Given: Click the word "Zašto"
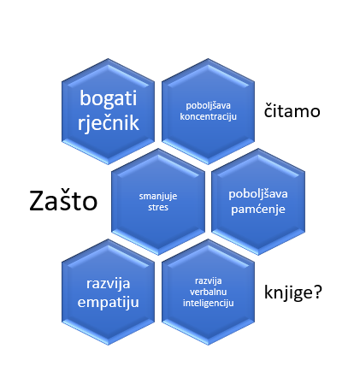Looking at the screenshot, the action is [x=63, y=201].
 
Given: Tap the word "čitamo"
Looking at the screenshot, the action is [x=292, y=110].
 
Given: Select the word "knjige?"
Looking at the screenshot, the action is [x=293, y=292].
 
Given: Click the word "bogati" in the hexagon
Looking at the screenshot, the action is [x=109, y=99].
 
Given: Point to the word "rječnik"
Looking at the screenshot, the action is [x=109, y=123].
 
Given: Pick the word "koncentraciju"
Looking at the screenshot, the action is [x=208, y=116].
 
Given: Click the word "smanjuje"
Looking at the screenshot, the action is [x=158, y=197].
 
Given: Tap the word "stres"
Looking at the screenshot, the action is [x=158, y=207].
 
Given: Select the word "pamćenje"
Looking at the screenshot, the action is [x=258, y=210].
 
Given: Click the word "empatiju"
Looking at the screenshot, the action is [x=109, y=303].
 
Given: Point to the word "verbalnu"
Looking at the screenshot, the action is [x=209, y=292].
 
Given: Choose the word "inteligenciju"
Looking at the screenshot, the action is [x=209, y=303].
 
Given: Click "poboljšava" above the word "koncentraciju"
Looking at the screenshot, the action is [x=208, y=106].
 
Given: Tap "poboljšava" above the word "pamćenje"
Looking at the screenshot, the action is [x=258, y=194].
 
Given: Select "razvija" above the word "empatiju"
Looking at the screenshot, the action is [x=109, y=284].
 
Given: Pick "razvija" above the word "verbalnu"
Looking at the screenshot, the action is [x=209, y=281].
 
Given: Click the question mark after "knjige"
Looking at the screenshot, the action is [x=317, y=292].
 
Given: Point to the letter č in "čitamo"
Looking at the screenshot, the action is [x=269, y=110].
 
